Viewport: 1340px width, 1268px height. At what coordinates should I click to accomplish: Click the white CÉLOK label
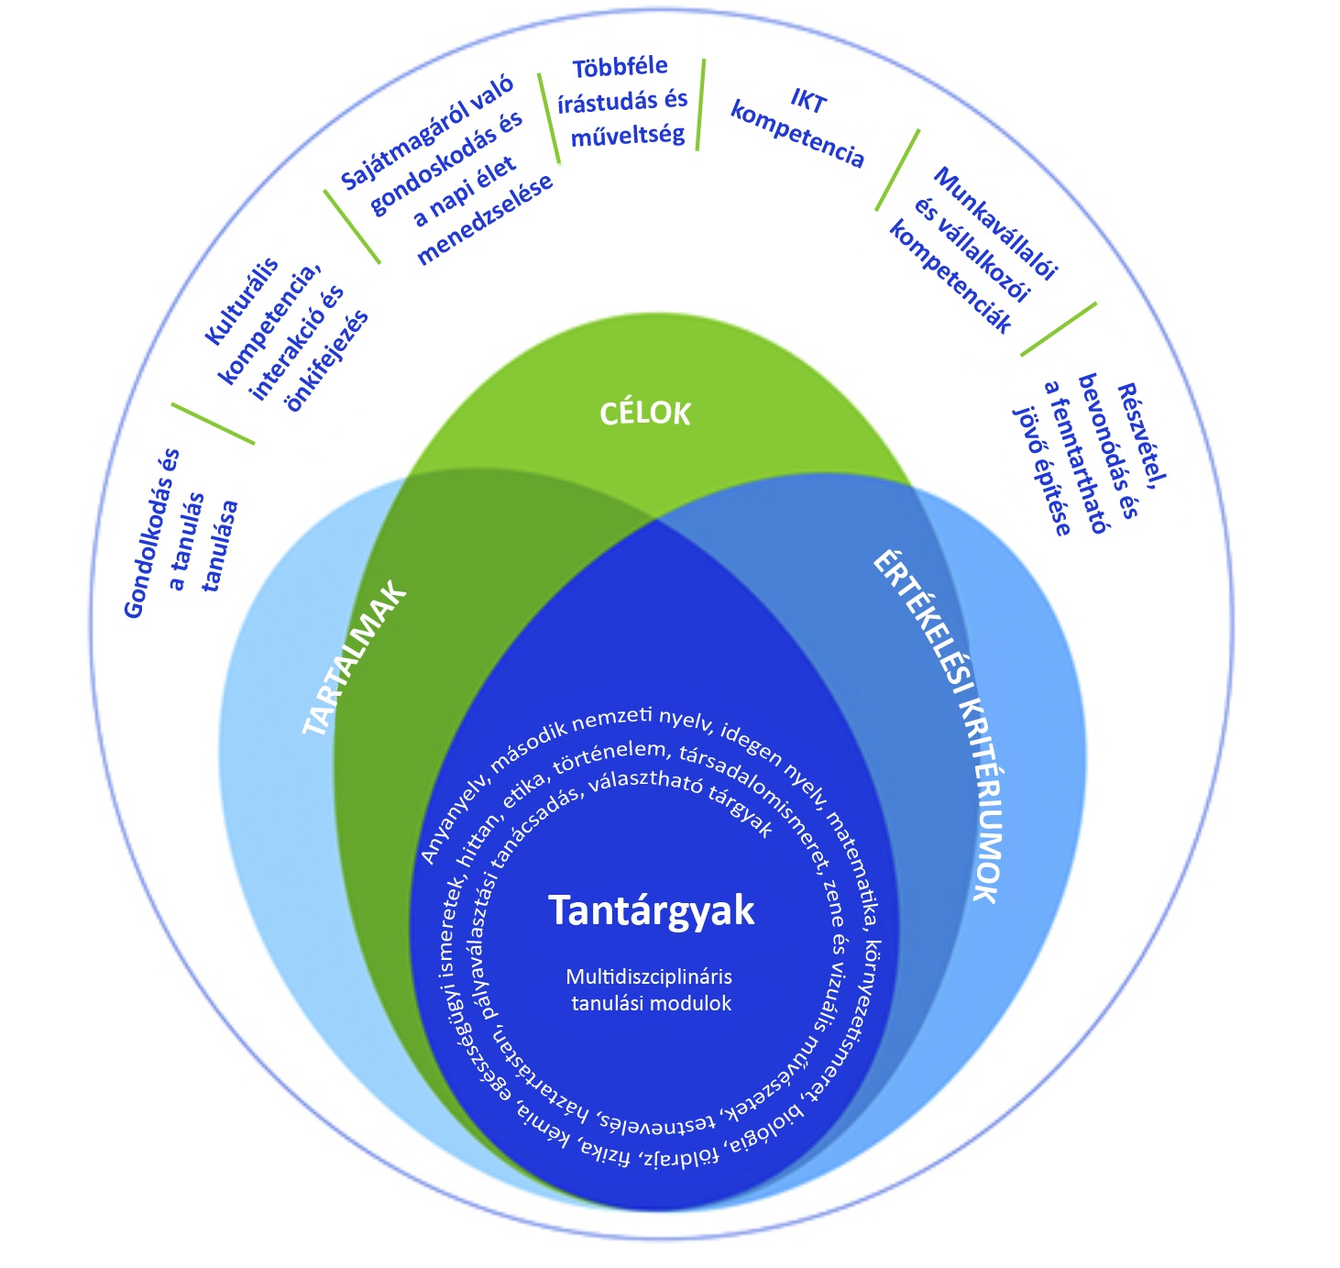coord(644,413)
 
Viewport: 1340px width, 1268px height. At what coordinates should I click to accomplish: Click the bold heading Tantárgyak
coord(651,910)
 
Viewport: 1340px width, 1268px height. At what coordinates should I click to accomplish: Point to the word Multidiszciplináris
coord(649,976)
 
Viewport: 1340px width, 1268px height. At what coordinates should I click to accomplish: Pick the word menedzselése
coord(485,220)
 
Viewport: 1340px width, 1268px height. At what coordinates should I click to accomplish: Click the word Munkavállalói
coord(995,224)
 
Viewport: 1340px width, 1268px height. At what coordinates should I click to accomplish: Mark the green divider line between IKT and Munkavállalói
coord(897,170)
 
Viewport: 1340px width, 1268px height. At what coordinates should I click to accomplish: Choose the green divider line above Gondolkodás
coord(213,424)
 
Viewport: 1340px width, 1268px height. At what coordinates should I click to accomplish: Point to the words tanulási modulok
coord(651,1003)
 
